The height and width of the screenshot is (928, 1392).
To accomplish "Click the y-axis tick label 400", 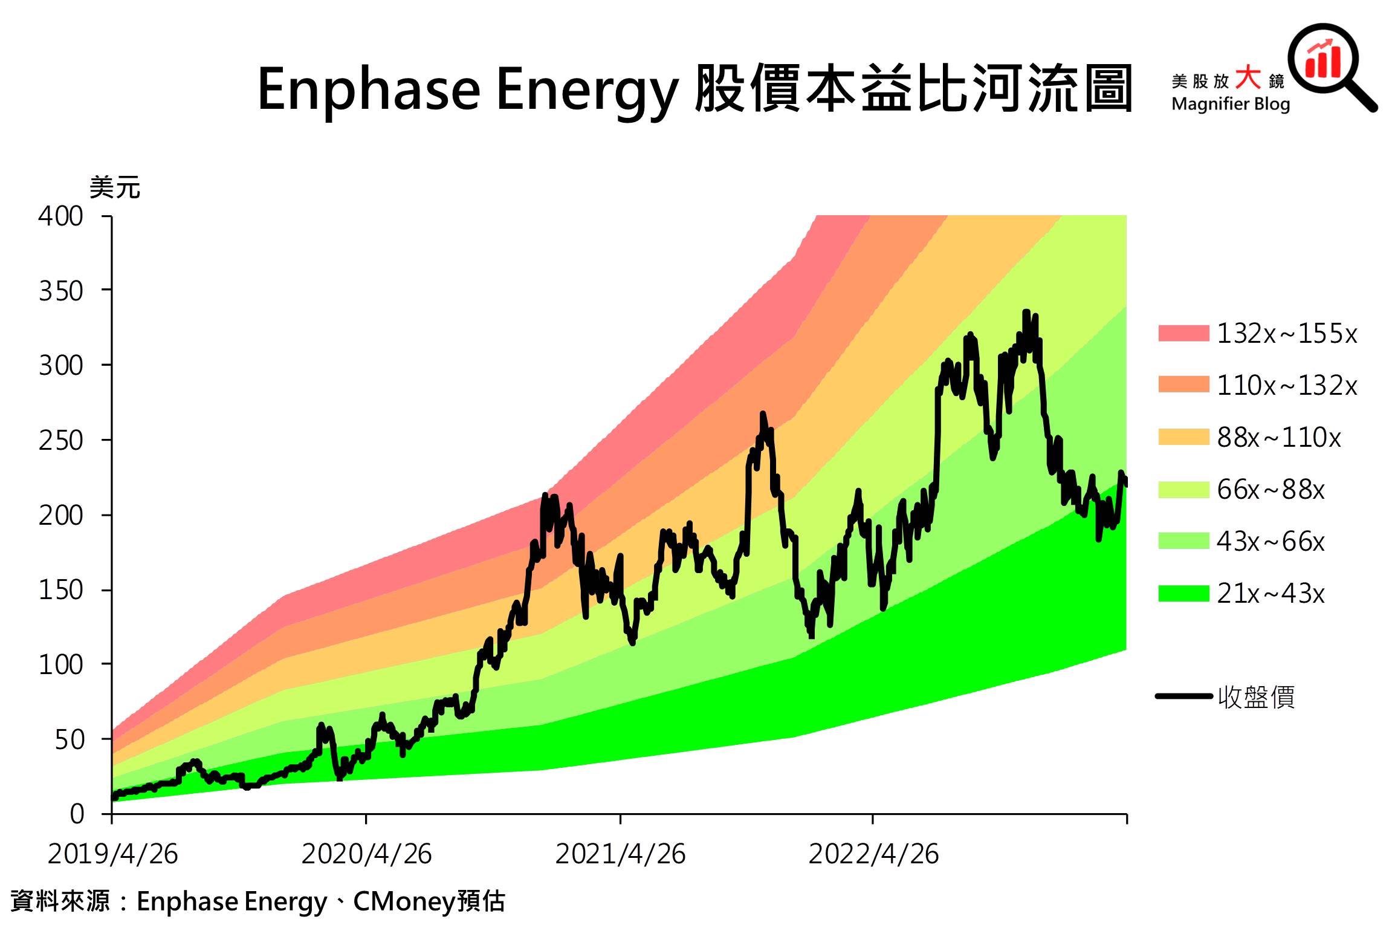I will coord(60,216).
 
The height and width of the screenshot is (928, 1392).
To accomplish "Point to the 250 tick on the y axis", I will coord(60,441).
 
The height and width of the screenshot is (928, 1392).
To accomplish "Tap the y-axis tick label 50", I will coord(70,740).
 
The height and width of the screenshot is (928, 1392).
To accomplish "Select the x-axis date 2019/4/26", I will coord(113,854).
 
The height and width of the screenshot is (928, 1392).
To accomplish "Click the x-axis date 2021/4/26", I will coord(620,854).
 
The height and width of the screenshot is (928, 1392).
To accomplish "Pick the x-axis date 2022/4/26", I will coord(873,854).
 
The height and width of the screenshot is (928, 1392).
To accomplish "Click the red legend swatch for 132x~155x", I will coord(1183,333).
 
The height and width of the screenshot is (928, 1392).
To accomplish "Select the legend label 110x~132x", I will coord(1287,386).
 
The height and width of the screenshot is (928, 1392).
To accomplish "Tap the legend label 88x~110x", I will coord(1278,438).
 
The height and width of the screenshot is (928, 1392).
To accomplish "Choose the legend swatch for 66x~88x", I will coord(1183,489).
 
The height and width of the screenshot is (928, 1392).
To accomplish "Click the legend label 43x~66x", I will coord(1270,542).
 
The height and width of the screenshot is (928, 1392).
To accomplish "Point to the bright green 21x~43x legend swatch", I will coord(1183,593).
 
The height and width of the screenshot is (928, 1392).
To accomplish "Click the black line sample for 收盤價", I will coord(1183,696).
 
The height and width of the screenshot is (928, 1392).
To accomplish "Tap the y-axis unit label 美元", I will coord(115,188).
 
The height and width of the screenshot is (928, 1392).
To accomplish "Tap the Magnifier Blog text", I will coord(1230,104).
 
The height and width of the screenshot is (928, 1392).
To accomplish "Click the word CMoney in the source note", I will coord(404,901).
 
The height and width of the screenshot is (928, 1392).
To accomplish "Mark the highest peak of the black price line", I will coord(1026,313).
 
